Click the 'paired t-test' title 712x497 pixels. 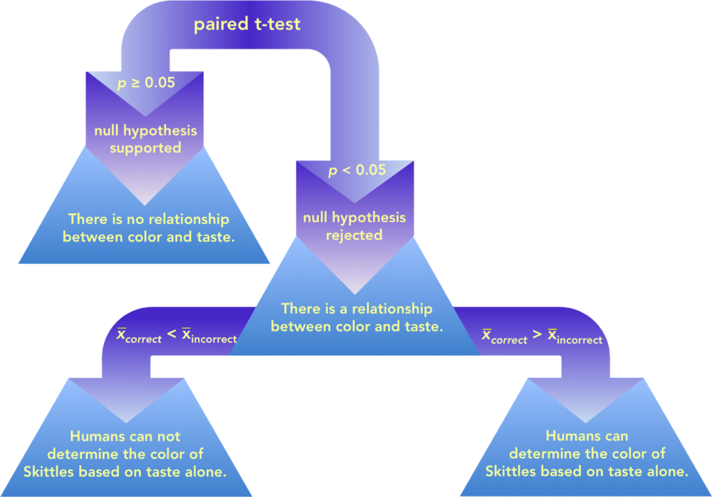click(248, 24)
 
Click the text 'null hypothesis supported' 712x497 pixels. click(145, 139)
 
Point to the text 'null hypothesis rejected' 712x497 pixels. click(354, 226)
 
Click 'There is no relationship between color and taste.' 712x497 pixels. click(148, 227)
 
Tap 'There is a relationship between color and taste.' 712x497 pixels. click(357, 317)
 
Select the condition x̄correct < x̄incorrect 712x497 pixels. click(177, 335)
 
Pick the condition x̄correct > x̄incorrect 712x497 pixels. click(542, 335)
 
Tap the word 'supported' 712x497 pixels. click(145, 148)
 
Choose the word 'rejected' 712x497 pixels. click(354, 235)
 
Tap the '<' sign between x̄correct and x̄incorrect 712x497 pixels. click(172, 334)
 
